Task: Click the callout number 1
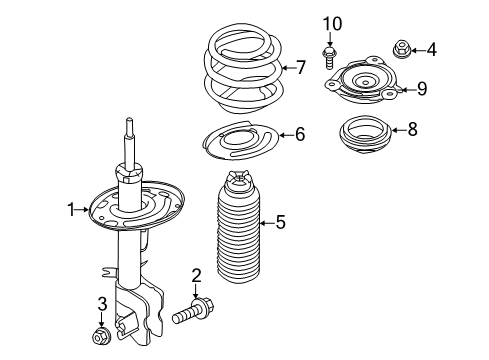pos(71,209)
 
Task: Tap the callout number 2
pos(197,274)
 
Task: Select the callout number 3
pos(102,303)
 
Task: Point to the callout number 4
pos(431,48)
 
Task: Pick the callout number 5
pos(280,223)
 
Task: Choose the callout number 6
pos(299,134)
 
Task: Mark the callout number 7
pos(299,68)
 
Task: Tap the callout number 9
pos(421,89)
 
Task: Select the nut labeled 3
pos(102,337)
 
